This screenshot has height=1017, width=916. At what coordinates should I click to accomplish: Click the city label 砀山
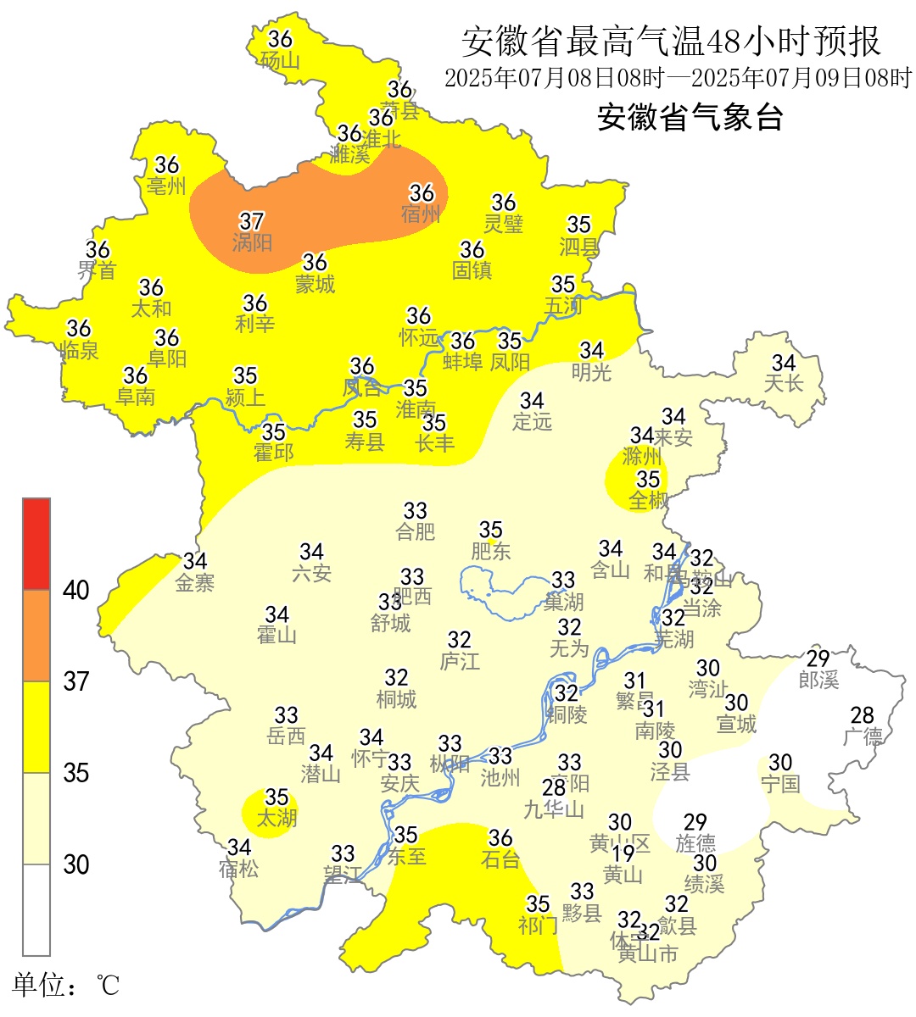(280, 61)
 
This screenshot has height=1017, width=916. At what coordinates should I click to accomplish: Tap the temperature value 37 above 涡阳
(252, 221)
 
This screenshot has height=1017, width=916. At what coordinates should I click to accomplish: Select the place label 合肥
(416, 532)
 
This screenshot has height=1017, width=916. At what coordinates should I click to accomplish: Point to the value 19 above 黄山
(623, 853)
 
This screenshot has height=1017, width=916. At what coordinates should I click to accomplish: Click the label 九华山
(554, 810)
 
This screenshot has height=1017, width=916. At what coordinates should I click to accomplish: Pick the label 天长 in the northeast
(783, 384)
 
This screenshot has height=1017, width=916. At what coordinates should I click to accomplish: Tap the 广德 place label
(863, 737)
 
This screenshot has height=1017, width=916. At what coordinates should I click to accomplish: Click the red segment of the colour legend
(36, 543)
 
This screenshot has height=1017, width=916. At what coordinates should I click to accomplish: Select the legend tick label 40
(76, 591)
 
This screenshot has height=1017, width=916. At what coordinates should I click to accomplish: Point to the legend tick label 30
(76, 864)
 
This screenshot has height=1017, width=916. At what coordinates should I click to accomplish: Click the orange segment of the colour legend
(36, 636)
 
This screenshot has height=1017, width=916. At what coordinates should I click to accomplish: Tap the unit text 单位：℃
(66, 986)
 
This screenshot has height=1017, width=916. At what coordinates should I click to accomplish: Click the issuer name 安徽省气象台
(690, 117)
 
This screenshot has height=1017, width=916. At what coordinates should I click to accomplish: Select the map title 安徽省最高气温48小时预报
(671, 42)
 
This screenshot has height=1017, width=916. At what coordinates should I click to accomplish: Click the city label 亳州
(166, 186)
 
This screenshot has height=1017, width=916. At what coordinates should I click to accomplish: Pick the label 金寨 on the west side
(195, 583)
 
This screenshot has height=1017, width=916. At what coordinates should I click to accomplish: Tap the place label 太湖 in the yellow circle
(276, 819)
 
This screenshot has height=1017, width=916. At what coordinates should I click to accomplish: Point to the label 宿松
(238, 869)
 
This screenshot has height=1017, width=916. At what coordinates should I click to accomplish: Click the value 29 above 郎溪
(818, 659)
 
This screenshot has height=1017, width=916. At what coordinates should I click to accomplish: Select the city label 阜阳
(167, 359)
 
